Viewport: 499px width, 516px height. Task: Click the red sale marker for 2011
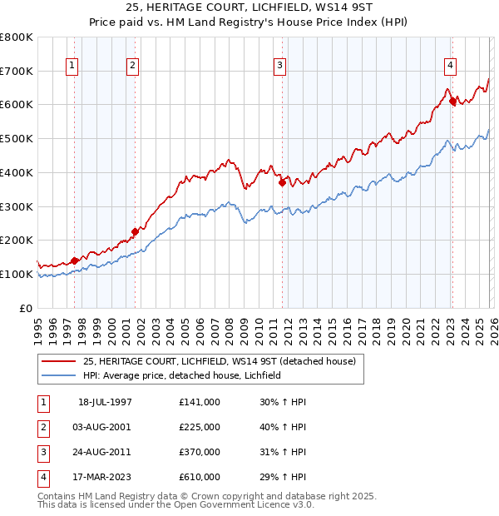pos(282,182)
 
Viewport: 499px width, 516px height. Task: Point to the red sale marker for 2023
pos(452,102)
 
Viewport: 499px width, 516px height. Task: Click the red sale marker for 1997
pos(74,260)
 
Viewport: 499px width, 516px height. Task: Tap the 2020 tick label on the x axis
pos(406,325)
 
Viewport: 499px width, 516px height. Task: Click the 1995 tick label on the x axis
pos(38,325)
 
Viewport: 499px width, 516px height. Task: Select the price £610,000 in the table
pos(199,477)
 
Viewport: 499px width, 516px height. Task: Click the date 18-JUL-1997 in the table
pos(105,401)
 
